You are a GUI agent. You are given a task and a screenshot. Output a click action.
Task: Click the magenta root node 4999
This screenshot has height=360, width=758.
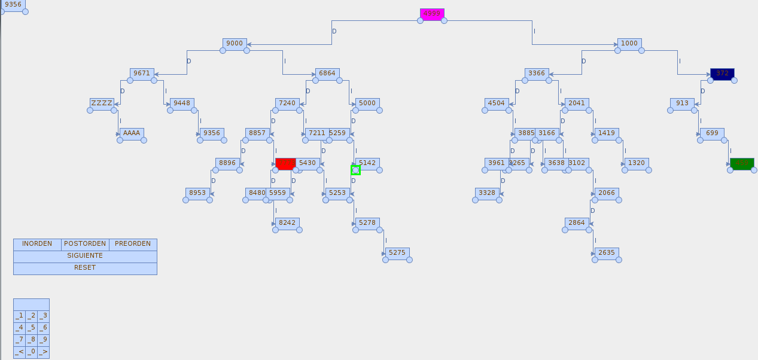coord(432,14)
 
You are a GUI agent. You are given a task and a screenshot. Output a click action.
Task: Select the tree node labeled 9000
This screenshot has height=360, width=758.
coord(235,44)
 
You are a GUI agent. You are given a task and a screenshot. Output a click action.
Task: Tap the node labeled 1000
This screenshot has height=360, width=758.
coord(629,44)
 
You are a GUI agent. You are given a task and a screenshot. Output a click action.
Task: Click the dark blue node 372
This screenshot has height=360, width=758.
coord(722,74)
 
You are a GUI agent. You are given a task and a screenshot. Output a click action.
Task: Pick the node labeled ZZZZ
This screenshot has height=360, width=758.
coord(102,103)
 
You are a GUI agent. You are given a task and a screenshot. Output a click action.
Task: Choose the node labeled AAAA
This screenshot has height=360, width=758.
coord(132,133)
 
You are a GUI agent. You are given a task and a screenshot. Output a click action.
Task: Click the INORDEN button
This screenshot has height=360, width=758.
coord(37,244)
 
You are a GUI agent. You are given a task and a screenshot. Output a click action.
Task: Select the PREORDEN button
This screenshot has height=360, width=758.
coord(133,244)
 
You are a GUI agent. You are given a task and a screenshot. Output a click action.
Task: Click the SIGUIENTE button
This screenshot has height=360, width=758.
coord(85,256)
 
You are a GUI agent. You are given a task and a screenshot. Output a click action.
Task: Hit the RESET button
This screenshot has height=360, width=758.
coord(85,268)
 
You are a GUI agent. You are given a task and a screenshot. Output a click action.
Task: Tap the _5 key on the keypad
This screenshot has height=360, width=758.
coord(31,328)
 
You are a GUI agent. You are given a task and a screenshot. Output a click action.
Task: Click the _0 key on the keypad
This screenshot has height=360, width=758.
coord(31,352)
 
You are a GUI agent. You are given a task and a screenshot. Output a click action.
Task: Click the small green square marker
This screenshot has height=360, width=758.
coord(355,170)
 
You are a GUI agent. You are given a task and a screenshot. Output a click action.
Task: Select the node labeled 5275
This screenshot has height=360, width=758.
coord(397,253)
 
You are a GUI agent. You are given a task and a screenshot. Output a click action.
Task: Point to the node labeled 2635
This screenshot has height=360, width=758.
coord(607,253)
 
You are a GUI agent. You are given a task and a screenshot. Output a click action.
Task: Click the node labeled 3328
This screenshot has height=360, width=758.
coord(487,193)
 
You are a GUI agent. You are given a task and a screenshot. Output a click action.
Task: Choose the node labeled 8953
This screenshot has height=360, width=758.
coord(197,193)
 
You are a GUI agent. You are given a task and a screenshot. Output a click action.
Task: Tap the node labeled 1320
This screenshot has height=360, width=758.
coord(637,163)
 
